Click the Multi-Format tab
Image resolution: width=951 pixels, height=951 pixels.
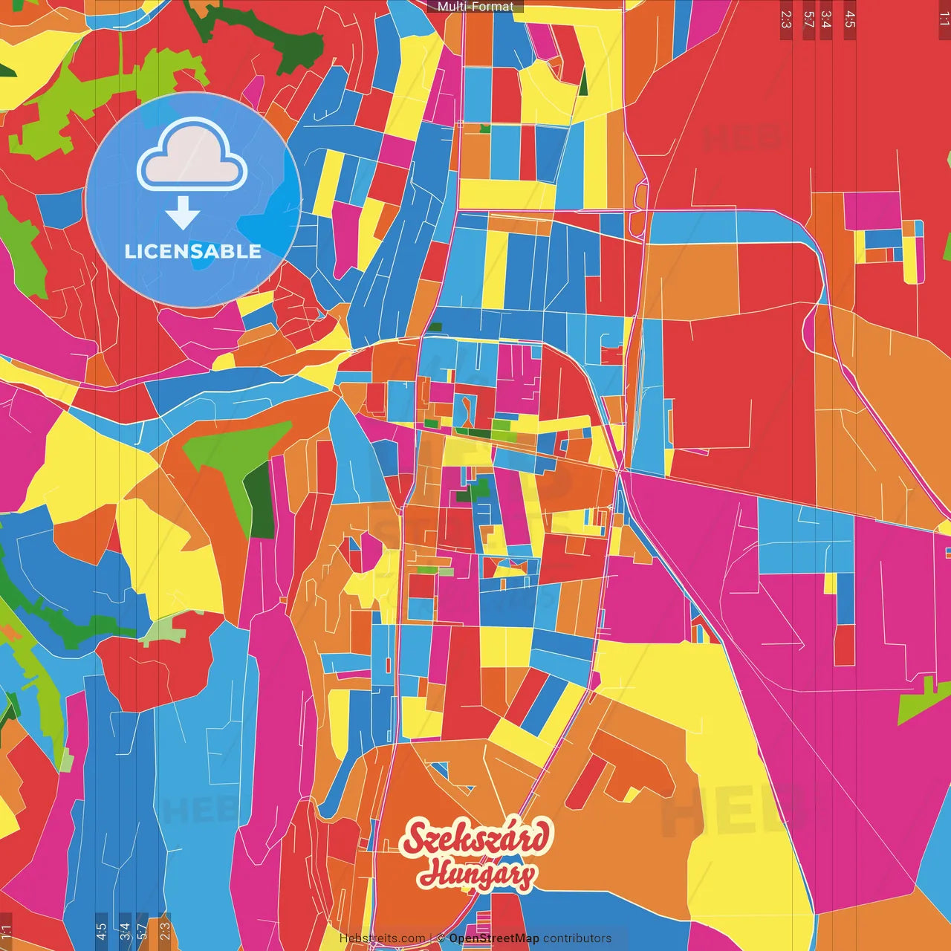coord(475,7)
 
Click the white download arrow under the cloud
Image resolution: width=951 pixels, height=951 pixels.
coord(183,213)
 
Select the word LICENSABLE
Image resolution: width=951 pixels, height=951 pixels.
coord(193,251)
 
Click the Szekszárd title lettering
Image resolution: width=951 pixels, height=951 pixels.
coord(477,838)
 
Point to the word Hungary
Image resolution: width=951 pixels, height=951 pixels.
coord(475,874)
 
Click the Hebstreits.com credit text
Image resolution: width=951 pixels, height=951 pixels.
coord(383,938)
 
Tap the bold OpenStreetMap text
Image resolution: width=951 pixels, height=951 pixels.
coord(494,938)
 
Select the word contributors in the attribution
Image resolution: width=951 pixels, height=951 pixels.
coord(577,938)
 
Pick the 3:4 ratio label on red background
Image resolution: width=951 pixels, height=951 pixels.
coord(826,19)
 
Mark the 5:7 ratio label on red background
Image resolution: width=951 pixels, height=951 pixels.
coord(808,19)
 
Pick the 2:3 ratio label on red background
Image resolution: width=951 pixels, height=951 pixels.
coord(786,19)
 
